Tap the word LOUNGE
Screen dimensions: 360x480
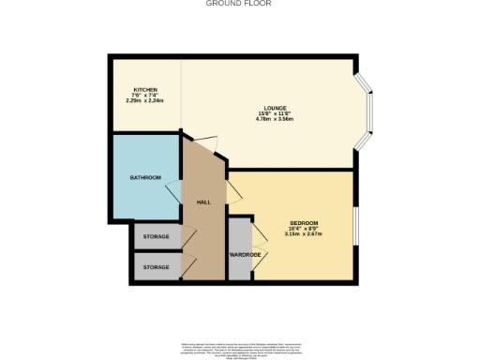(275, 108)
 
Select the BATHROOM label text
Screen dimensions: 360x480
(146, 177)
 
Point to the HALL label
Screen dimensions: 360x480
(203, 202)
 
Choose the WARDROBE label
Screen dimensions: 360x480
(244, 254)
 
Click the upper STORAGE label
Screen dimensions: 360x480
(157, 236)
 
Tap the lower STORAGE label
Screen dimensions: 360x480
(157, 267)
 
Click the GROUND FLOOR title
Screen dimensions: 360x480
(239, 4)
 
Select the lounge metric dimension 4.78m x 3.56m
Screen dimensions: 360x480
(275, 120)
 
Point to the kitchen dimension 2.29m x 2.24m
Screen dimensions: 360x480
(144, 100)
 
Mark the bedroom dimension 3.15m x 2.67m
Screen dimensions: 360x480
(303, 234)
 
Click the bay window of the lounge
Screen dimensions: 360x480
(367, 112)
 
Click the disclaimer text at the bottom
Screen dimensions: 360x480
(239, 349)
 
